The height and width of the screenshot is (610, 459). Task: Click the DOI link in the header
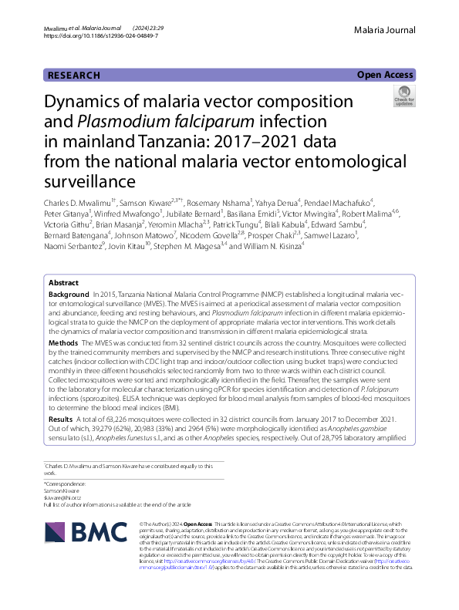pyautogui.click(x=100, y=35)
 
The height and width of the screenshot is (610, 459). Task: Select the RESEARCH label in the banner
pyautogui.click(x=73, y=76)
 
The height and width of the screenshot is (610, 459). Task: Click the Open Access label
pyautogui.click(x=385, y=75)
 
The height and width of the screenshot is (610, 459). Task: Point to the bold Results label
pyautogui.click(x=62, y=419)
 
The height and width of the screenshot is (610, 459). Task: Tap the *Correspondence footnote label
pyautogui.click(x=63, y=484)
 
